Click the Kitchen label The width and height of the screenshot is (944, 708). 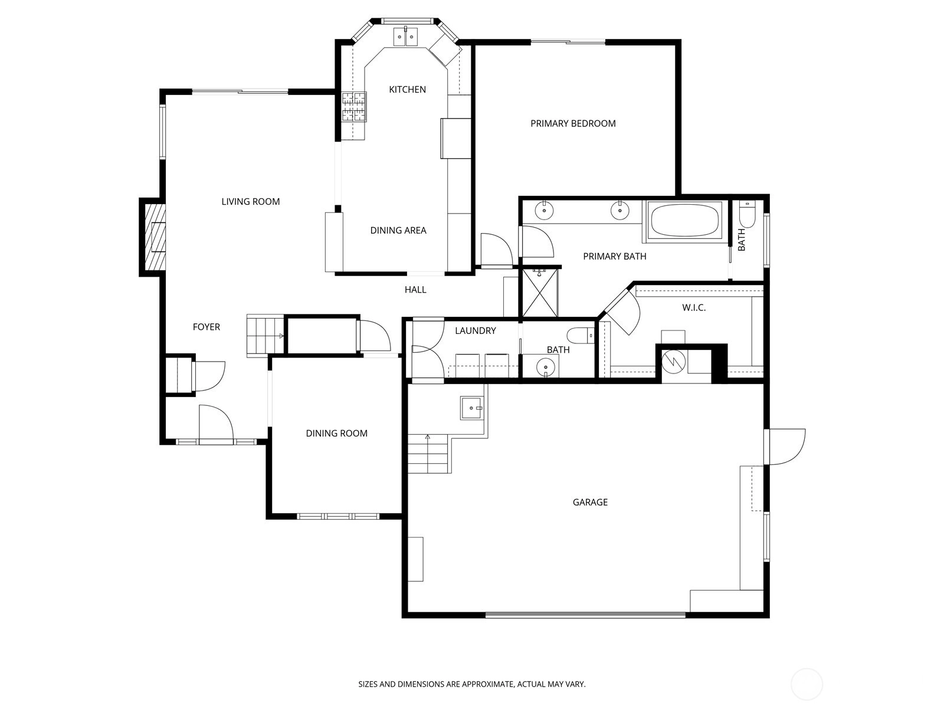click(407, 90)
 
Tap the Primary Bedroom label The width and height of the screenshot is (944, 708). click(573, 123)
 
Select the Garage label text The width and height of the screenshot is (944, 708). click(590, 502)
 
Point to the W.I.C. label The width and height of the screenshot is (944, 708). click(694, 307)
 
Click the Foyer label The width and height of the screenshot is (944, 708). click(206, 327)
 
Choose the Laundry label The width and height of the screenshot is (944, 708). click(475, 330)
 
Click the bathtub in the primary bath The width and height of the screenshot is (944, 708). click(684, 219)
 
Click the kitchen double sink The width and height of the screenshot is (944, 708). click(405, 37)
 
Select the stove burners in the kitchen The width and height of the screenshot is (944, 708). click(354, 107)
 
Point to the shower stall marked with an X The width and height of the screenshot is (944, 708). click(539, 293)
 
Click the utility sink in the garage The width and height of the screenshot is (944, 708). click(471, 408)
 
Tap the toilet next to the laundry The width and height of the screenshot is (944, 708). click(581, 335)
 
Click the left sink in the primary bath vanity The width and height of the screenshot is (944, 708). click(544, 211)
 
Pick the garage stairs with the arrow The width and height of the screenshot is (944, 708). click(429, 454)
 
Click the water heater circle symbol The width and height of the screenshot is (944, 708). click(674, 361)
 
